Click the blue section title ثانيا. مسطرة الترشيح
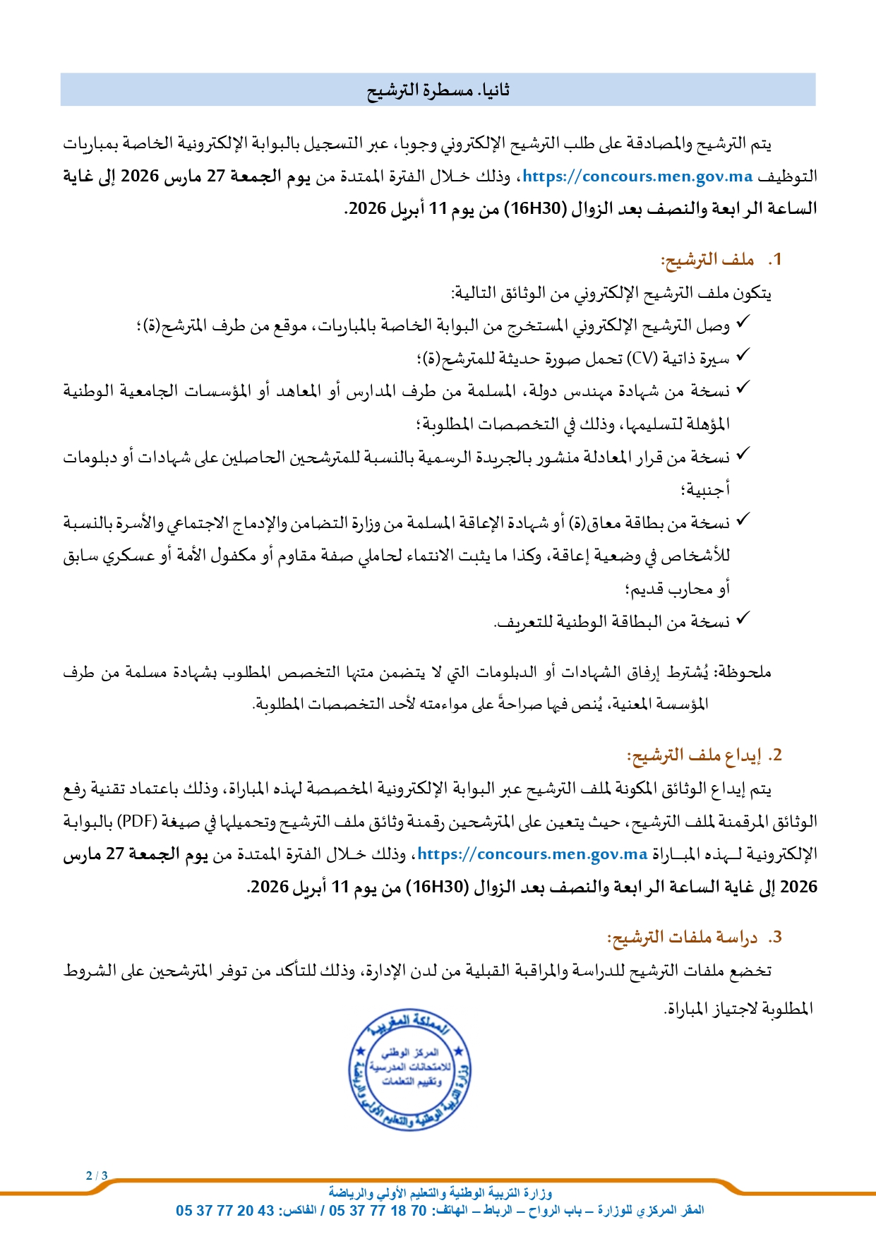[x=438, y=90]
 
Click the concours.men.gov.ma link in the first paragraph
[x=637, y=176]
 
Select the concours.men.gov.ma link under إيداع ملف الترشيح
[x=532, y=854]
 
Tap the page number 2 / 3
[x=97, y=1175]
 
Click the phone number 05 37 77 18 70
[x=378, y=1211]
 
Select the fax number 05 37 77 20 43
[x=225, y=1211]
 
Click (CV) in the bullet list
[x=642, y=359]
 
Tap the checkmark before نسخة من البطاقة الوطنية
[x=742, y=620]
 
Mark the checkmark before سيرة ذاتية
[x=742, y=357]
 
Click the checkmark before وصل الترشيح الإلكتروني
[x=742, y=324]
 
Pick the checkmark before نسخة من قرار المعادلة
[x=742, y=455]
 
